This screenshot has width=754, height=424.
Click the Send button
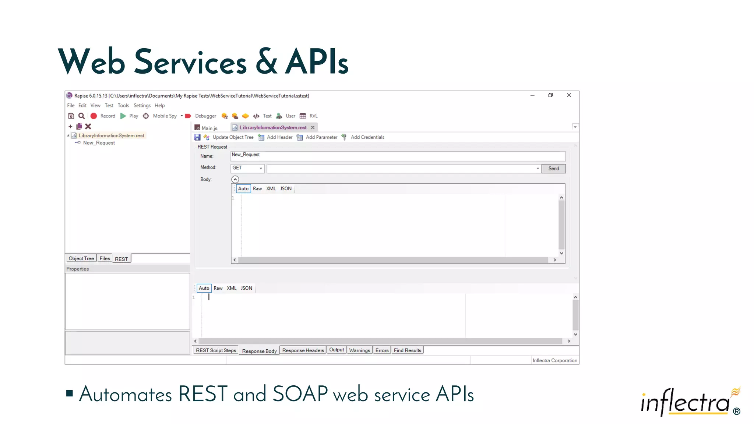point(553,169)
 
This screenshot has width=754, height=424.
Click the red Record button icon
point(94,116)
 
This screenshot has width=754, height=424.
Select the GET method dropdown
point(247,168)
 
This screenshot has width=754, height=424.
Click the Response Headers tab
point(303,350)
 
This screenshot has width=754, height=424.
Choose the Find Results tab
point(407,350)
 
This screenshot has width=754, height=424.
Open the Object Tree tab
point(81,258)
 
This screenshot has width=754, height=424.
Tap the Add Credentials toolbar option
point(367,137)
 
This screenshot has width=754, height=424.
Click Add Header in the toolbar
point(279,137)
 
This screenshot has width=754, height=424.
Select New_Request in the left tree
point(99,143)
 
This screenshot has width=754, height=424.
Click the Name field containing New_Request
point(398,156)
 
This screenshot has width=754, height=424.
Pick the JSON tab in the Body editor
point(286,189)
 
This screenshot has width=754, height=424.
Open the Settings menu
point(142,106)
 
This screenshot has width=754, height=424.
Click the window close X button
point(569,95)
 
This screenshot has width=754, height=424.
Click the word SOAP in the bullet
point(300,394)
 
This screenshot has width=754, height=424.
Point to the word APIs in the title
point(317,62)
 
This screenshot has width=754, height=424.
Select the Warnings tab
point(359,350)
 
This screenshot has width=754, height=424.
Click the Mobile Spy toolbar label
point(165,116)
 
